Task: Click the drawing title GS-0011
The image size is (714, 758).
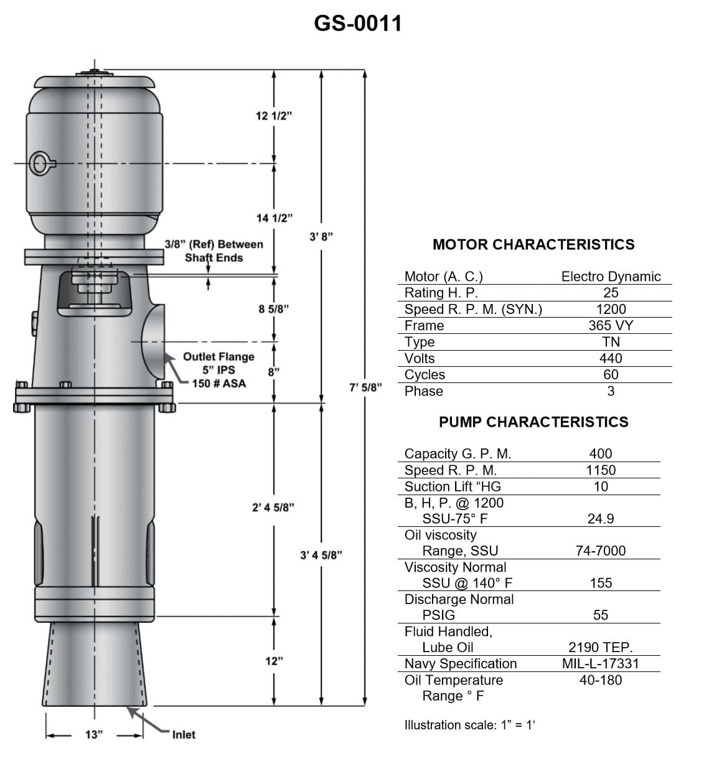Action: (357, 24)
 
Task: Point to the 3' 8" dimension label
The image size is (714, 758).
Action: (321, 237)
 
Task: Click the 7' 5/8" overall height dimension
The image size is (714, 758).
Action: (365, 387)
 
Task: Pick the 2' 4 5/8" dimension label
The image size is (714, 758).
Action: (273, 508)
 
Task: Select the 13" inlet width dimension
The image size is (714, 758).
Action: (93, 735)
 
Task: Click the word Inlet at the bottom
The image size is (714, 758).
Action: (184, 735)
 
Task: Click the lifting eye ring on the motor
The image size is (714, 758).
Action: (42, 164)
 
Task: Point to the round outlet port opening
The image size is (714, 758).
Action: (153, 341)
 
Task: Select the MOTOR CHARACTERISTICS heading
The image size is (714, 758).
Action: (533, 245)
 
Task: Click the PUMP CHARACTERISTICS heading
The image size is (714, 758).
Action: (533, 422)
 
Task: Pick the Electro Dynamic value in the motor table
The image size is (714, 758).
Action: (611, 277)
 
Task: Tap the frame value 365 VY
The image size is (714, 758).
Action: (611, 326)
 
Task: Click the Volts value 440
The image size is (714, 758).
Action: (611, 358)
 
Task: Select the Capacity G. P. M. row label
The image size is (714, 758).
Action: (458, 454)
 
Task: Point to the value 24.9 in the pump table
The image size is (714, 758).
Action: (601, 519)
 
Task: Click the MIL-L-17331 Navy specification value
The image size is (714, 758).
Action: (601, 664)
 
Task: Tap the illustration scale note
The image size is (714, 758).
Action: (469, 725)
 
